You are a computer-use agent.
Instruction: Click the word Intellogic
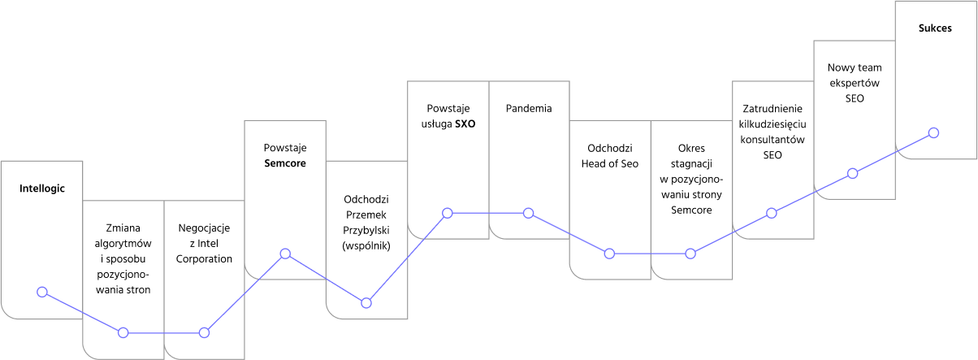pyautogui.click(x=42, y=189)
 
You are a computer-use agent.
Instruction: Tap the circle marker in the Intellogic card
pyautogui.click(x=42, y=292)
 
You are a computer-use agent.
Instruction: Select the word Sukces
pyautogui.click(x=935, y=28)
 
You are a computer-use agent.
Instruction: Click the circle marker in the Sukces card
pyautogui.click(x=933, y=132)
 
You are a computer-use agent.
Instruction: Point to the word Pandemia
pyautogui.click(x=529, y=108)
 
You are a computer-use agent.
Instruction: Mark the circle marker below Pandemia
pyautogui.click(x=528, y=213)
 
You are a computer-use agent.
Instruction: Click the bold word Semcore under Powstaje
pyautogui.click(x=285, y=163)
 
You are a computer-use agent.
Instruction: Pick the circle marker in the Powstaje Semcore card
pyautogui.click(x=285, y=254)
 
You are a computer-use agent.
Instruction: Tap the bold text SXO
pyautogui.click(x=465, y=124)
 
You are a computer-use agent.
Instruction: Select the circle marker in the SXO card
pyautogui.click(x=447, y=213)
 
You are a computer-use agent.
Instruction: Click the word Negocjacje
pyautogui.click(x=204, y=228)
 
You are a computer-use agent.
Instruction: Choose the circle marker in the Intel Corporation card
pyautogui.click(x=204, y=333)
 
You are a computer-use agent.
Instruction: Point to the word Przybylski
pyautogui.click(x=366, y=231)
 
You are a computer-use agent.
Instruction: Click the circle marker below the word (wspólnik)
pyautogui.click(x=366, y=303)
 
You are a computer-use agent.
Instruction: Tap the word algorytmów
pyautogui.click(x=123, y=244)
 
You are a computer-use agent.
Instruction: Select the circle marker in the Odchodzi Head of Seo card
pyautogui.click(x=609, y=254)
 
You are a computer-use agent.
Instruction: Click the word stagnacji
pyautogui.click(x=691, y=164)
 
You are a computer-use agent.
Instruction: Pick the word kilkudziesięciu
pyautogui.click(x=772, y=124)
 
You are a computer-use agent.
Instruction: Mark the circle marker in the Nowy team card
pyautogui.click(x=852, y=173)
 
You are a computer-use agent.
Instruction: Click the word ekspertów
pyautogui.click(x=855, y=84)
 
